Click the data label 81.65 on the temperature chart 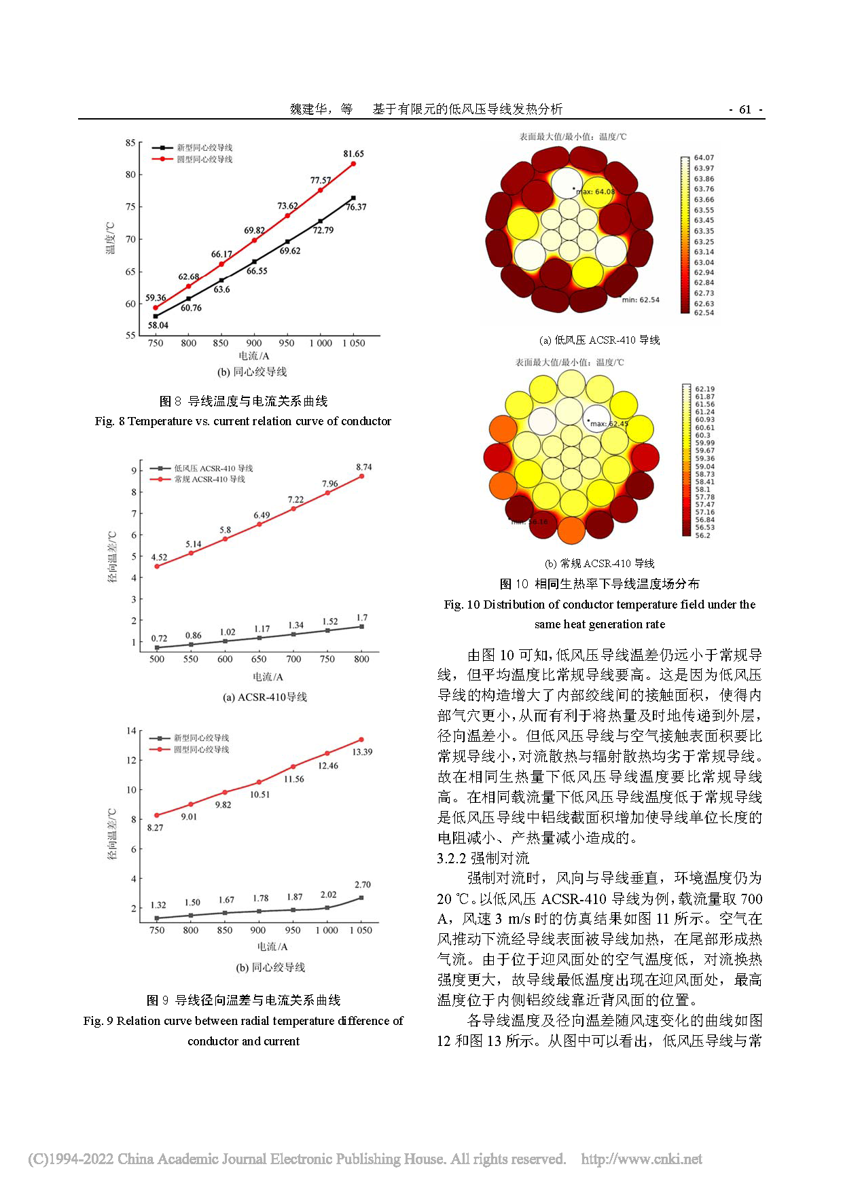click(353, 154)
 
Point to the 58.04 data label click(158, 325)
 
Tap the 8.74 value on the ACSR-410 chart click(364, 467)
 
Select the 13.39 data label click(362, 752)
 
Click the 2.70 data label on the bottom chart click(363, 884)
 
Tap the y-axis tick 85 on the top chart click(130, 143)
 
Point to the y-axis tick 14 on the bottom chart click(131, 731)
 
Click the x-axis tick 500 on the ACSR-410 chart click(157, 659)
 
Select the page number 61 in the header click(745, 109)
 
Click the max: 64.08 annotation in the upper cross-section click(596, 192)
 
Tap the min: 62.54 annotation click(641, 300)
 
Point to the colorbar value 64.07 click(704, 158)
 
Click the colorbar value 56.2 click(702, 535)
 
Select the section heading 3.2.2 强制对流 click(483, 858)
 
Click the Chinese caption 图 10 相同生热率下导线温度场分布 click(599, 584)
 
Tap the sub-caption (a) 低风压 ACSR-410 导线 click(599, 340)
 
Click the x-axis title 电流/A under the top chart click(254, 356)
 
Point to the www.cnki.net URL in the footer click(641, 1159)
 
